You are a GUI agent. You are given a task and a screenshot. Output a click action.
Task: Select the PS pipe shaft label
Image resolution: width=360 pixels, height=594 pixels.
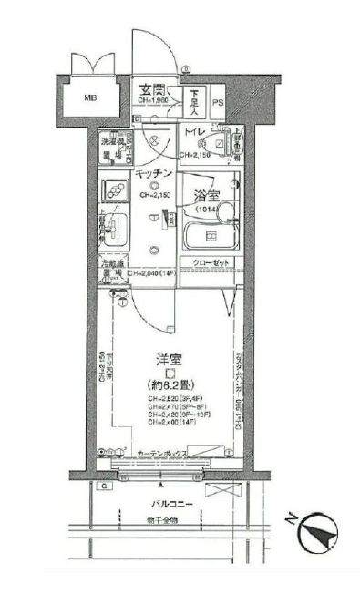click(217, 102)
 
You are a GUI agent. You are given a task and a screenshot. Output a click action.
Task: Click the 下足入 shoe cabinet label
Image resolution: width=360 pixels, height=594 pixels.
click(194, 100)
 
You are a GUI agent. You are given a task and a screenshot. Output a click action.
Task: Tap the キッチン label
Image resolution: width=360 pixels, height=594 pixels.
click(152, 173)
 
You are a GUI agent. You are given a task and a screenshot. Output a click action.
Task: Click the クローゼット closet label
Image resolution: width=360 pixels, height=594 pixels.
click(210, 264)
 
